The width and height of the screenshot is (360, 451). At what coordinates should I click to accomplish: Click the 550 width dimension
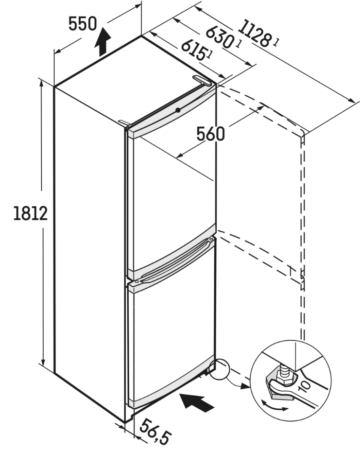point(83,24)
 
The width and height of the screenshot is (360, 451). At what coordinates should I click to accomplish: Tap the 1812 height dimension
point(31,213)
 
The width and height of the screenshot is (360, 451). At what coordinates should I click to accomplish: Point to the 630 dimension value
point(219,37)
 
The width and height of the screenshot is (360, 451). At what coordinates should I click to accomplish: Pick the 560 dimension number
point(210,134)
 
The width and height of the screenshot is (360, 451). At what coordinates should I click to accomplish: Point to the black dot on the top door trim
point(178,110)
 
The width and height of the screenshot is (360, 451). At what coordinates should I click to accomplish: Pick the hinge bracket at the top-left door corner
point(125,123)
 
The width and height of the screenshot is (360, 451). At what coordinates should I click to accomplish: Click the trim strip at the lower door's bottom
point(172,382)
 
